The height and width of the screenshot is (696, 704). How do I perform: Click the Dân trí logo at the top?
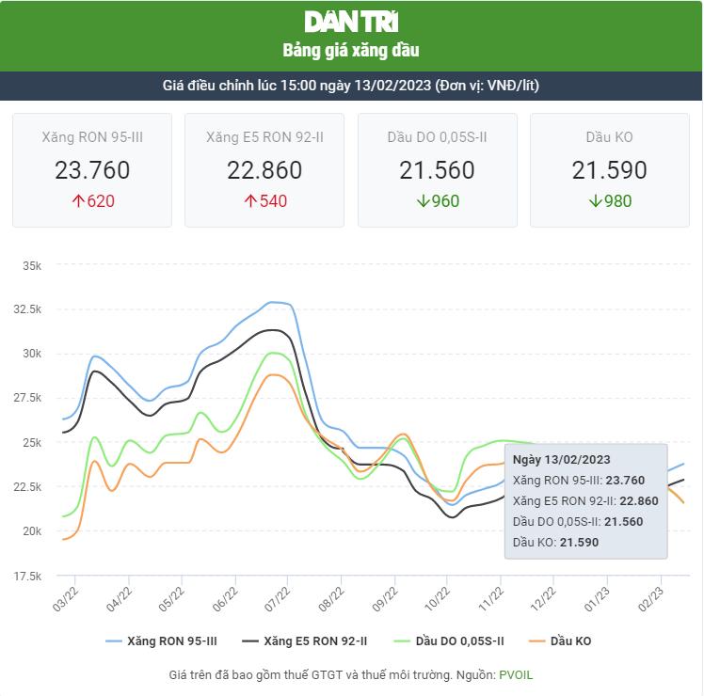click(351, 22)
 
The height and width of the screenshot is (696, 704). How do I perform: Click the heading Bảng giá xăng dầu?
click(351, 50)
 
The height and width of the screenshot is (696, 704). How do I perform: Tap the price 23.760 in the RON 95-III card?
click(92, 170)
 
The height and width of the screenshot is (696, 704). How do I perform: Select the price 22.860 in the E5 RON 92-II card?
click(264, 170)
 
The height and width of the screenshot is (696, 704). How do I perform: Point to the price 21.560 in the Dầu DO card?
click(437, 170)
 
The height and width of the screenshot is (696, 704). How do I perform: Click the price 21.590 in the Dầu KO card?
click(609, 170)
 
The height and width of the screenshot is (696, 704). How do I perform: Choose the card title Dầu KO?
click(609, 137)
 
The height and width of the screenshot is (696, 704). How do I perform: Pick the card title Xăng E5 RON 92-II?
click(264, 137)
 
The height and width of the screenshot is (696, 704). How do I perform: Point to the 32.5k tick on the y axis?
click(29, 309)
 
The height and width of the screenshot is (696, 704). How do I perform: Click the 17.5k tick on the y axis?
click(29, 576)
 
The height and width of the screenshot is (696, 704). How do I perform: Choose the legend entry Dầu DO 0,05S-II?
click(456, 641)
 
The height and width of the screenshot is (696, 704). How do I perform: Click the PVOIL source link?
click(516, 675)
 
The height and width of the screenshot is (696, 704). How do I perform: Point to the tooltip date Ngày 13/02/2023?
click(562, 459)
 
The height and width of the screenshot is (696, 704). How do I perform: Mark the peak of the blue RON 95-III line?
click(272, 302)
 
